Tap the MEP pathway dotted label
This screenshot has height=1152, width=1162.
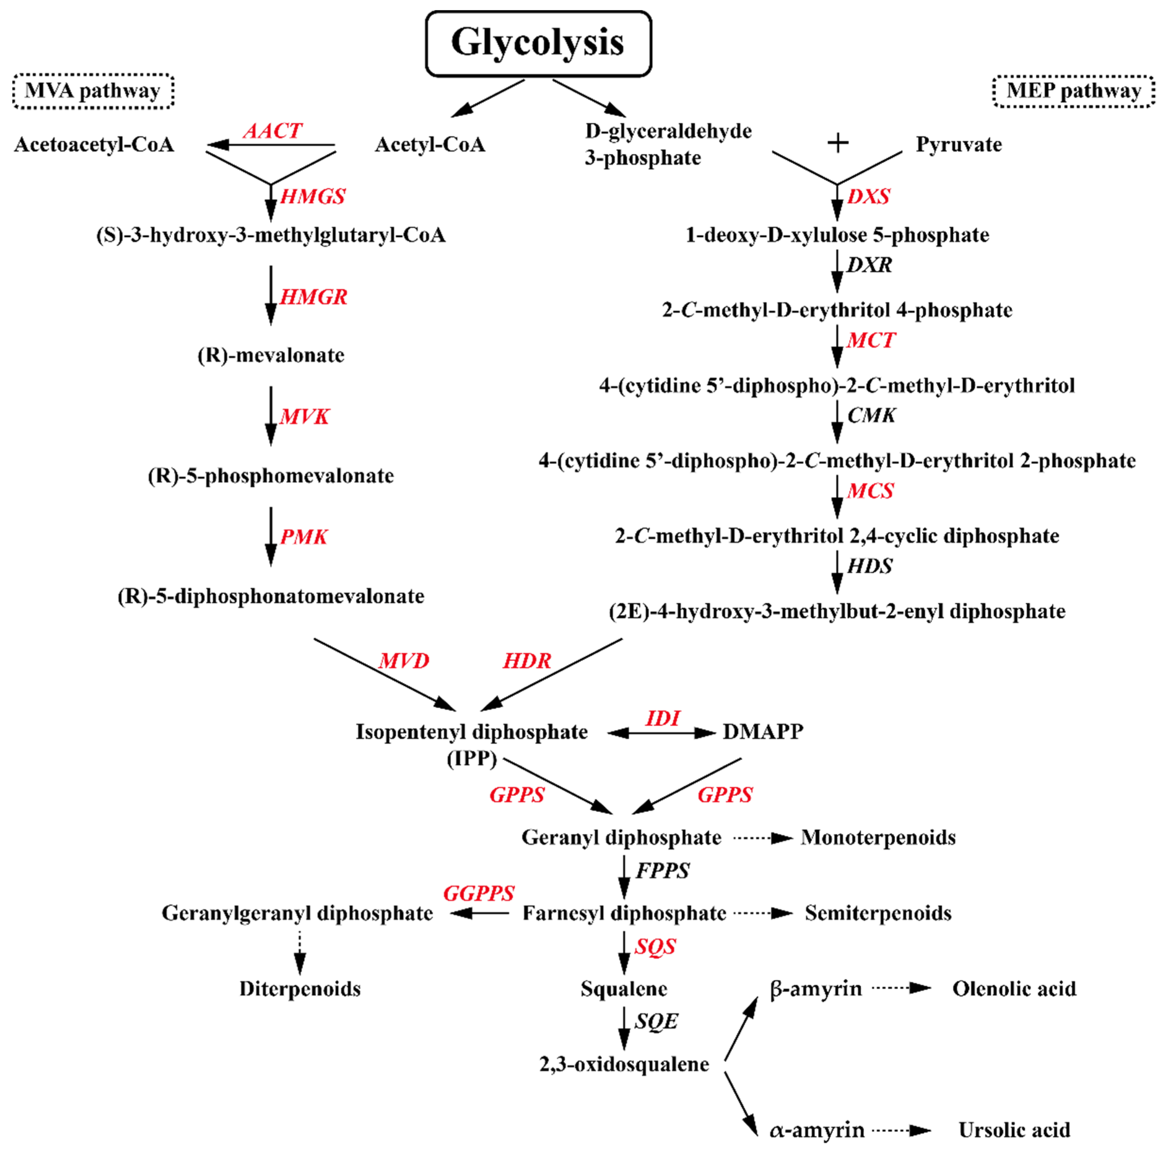click(x=1073, y=91)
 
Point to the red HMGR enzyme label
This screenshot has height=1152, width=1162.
click(x=313, y=297)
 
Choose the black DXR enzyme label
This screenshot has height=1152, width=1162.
click(x=869, y=265)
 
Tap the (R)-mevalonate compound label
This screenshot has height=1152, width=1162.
click(x=271, y=355)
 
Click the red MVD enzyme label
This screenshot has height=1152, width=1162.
click(x=404, y=661)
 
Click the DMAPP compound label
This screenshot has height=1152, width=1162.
click(x=763, y=732)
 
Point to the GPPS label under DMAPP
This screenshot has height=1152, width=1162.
click(x=725, y=795)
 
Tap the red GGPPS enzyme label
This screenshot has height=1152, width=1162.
click(x=479, y=893)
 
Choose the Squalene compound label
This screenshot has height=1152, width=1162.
click(x=624, y=989)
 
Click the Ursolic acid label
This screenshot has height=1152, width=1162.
click(x=1014, y=1130)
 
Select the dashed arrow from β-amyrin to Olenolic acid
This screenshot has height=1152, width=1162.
click(x=901, y=988)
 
